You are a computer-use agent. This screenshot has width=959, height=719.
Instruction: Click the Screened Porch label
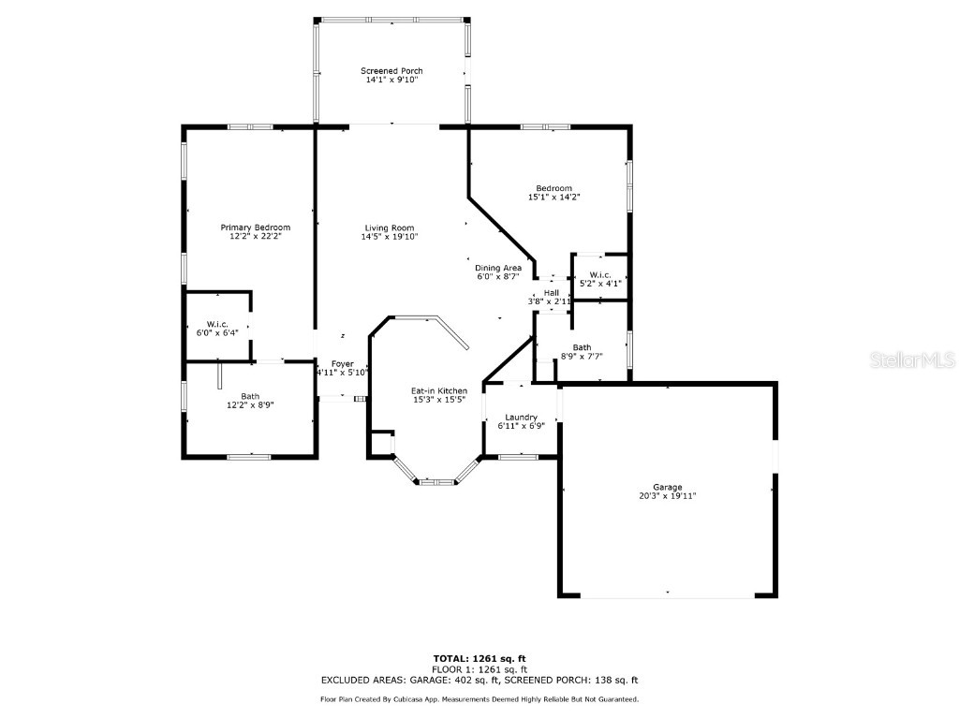click(391, 71)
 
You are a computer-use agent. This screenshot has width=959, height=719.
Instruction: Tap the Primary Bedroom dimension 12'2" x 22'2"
click(255, 237)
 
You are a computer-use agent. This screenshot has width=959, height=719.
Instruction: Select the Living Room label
click(390, 227)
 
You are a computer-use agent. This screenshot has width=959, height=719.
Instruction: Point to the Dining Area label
click(498, 268)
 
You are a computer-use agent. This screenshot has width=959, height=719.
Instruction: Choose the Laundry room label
click(520, 417)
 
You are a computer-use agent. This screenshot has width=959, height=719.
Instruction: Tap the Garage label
click(667, 487)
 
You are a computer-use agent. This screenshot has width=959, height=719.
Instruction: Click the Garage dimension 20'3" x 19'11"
click(667, 496)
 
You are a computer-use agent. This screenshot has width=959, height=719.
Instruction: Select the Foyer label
click(343, 363)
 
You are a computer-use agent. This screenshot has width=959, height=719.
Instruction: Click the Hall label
click(551, 293)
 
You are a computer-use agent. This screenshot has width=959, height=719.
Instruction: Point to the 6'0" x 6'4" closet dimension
click(217, 332)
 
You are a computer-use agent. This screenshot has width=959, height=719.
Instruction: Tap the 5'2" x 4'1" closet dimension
click(600, 283)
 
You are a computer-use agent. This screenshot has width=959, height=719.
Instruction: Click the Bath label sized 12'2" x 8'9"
click(250, 396)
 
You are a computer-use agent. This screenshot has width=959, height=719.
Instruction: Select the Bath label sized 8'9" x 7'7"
click(582, 347)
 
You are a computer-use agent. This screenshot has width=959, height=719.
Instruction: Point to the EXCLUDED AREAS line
click(479, 681)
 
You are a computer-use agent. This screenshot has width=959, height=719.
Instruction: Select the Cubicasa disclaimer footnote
click(479, 699)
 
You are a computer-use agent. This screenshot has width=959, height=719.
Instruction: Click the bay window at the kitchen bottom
click(435, 481)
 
